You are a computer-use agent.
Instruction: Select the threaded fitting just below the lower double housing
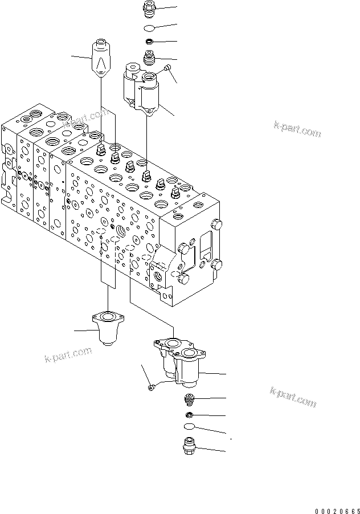click(189, 398)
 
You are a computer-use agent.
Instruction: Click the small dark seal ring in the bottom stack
click(190, 414)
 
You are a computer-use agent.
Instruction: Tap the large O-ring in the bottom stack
click(190, 427)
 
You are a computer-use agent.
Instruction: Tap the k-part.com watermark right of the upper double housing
click(297, 130)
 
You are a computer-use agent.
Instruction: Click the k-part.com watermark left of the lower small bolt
click(68, 355)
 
